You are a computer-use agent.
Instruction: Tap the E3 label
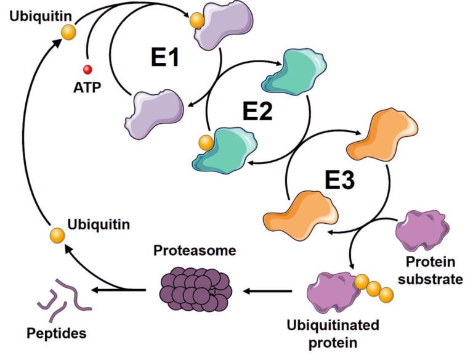[x=340, y=180]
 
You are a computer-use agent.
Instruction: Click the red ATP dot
[x=87, y=69]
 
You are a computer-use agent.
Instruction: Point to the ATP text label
[x=87, y=87]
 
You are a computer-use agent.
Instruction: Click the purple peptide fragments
[x=64, y=295]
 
